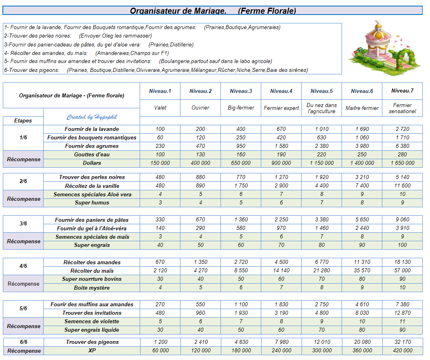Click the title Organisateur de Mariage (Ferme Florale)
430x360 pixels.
213,11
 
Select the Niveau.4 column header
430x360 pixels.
281,91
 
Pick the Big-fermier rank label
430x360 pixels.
241,108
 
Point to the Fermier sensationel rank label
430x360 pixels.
402,108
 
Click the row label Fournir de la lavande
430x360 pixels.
92,129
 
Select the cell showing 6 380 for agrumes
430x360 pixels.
402,146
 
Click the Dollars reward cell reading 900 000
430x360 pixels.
281,163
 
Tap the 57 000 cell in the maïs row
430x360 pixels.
402,271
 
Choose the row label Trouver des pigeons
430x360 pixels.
92,342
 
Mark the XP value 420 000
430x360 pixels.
402,351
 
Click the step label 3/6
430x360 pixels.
23,224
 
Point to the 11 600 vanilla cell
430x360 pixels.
402,186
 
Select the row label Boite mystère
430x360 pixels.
92,288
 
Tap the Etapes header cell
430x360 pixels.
23,120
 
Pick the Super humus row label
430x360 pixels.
92,203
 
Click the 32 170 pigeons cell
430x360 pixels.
402,342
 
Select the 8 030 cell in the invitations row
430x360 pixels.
362,313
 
